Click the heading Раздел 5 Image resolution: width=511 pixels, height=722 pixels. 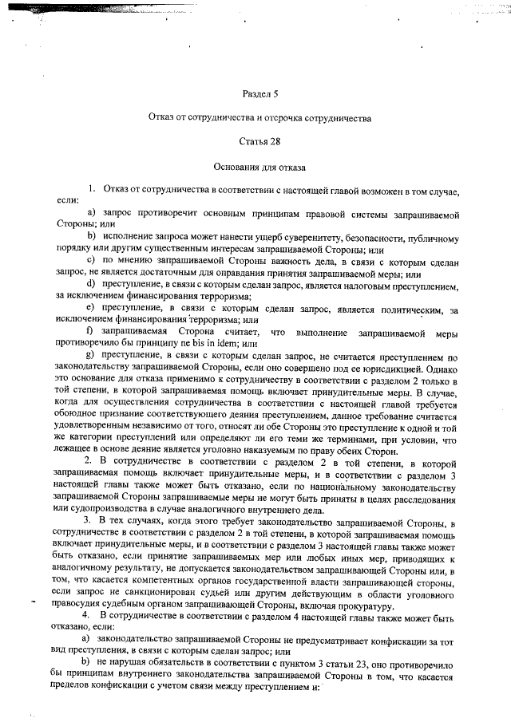point(259,95)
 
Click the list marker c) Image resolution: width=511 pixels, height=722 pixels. point(90,258)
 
